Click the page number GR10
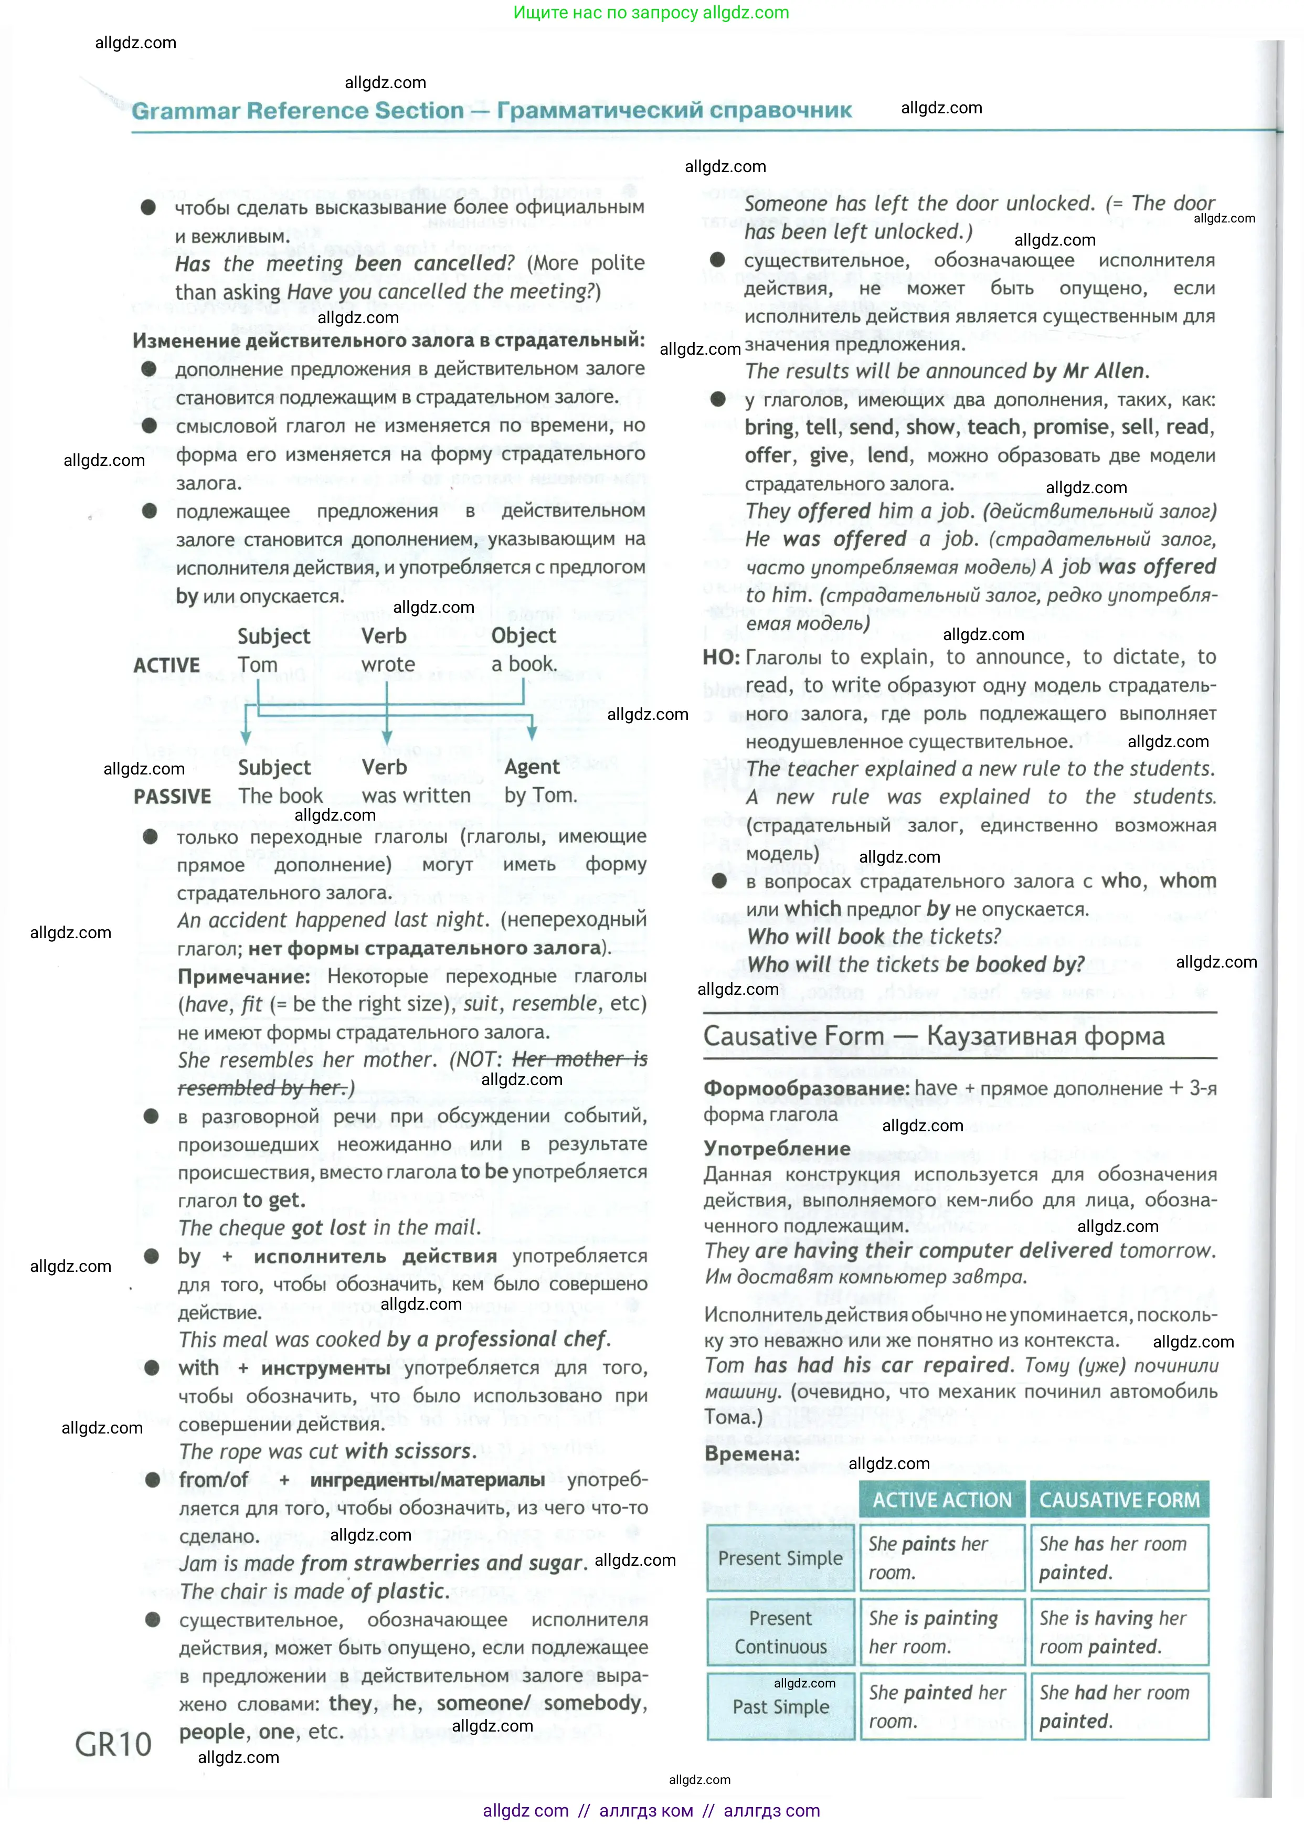(x=113, y=1745)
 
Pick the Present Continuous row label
(x=780, y=1632)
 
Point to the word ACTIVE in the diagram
(x=166, y=666)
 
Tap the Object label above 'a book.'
(x=524, y=636)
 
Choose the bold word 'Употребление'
(x=777, y=1148)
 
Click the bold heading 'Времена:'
(x=751, y=1453)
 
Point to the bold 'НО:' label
(x=721, y=657)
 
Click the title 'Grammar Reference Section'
(x=297, y=111)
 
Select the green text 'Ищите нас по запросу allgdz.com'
(x=650, y=12)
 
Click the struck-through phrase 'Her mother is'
(x=580, y=1060)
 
